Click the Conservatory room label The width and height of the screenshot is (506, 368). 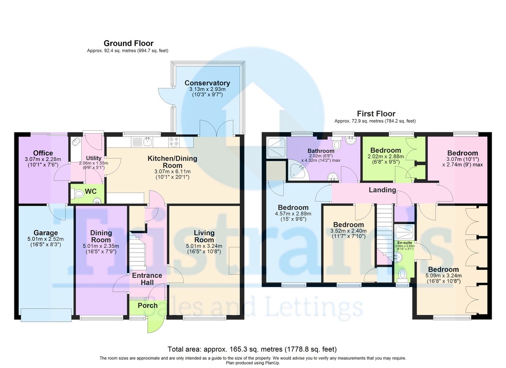(x=207, y=83)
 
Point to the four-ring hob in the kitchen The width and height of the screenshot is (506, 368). (x=174, y=142)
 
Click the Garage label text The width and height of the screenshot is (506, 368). (x=46, y=233)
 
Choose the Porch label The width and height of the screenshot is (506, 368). (x=148, y=306)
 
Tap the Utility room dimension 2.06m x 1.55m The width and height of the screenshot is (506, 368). (x=94, y=163)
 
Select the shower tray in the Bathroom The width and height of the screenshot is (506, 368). (x=277, y=148)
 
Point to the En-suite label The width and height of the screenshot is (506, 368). (x=404, y=243)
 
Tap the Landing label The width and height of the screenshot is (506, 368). (x=382, y=190)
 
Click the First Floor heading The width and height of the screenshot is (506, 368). (x=376, y=113)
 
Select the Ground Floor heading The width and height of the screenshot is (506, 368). (x=129, y=43)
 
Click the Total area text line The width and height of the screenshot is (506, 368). (x=252, y=349)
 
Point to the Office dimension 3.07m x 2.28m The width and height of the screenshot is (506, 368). (x=43, y=159)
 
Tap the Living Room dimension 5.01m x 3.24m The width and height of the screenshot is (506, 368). (x=204, y=246)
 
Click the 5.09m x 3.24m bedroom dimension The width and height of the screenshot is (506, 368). (x=444, y=275)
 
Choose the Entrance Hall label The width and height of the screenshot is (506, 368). (x=147, y=279)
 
